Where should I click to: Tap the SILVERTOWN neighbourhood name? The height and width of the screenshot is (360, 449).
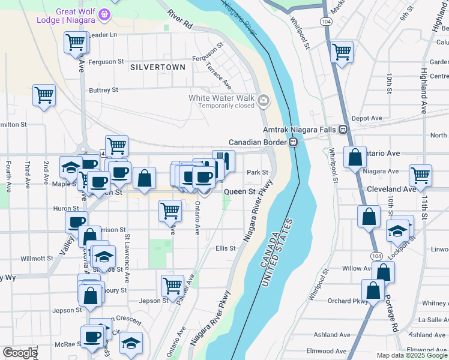(x=158, y=67)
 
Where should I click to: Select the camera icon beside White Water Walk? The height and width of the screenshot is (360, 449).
(x=264, y=100)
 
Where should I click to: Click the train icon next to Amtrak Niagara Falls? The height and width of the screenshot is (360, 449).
(x=343, y=129)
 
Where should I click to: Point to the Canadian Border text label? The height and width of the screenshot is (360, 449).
(x=258, y=142)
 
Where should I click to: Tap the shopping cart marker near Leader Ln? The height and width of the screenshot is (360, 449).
(x=75, y=43)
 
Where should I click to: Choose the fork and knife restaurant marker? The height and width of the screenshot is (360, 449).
(x=223, y=161)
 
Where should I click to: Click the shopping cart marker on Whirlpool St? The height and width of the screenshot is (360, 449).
(x=342, y=52)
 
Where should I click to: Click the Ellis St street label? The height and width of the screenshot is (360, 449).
(x=226, y=248)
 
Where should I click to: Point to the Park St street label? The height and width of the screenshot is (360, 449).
(x=256, y=172)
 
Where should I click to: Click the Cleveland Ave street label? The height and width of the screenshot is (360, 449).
(x=392, y=189)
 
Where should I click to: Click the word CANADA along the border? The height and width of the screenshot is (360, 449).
(x=268, y=252)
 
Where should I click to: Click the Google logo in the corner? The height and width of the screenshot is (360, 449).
(x=20, y=353)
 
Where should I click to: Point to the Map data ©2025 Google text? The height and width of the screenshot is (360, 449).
(x=411, y=355)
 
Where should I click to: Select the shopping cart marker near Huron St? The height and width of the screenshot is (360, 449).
(x=170, y=211)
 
